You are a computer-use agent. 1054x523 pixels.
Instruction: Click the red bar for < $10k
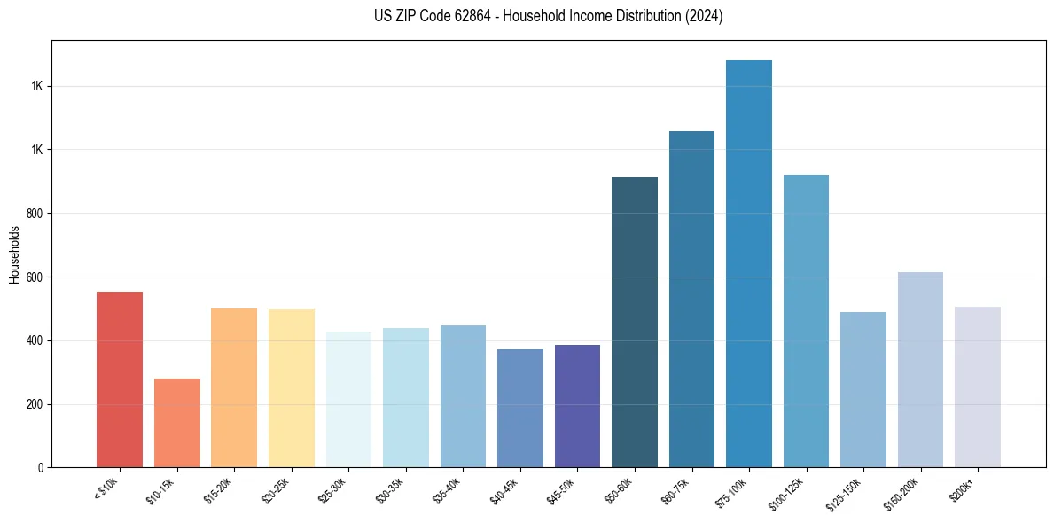tap(120, 379)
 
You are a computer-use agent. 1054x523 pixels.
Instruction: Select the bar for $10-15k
tap(177, 423)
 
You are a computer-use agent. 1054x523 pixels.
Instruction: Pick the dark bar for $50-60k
tap(635, 323)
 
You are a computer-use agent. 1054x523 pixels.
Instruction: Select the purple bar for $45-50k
tap(577, 406)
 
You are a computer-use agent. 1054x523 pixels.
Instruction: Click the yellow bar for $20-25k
tap(292, 388)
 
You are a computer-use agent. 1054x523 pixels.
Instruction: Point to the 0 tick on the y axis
tap(42, 467)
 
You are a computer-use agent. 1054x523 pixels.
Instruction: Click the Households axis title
tap(14, 254)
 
